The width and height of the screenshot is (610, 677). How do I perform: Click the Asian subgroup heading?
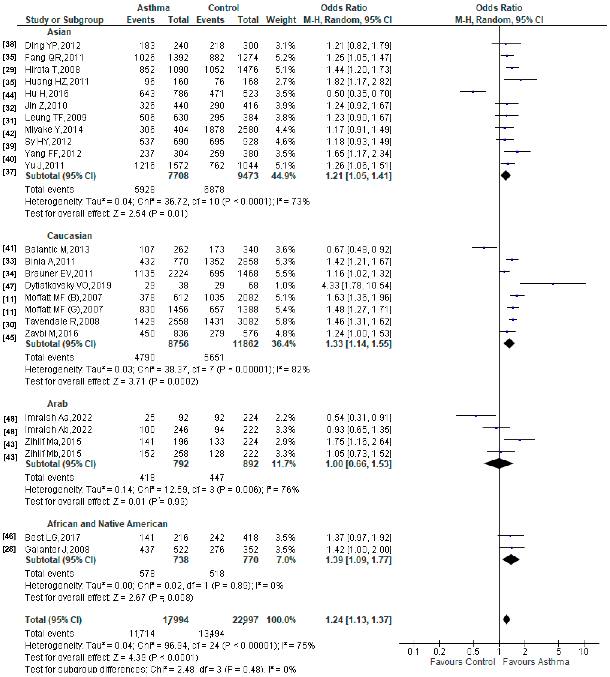point(59,32)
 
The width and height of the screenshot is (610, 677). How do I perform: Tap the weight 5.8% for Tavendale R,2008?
point(285,321)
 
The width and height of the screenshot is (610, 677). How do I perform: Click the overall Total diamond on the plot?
point(506,619)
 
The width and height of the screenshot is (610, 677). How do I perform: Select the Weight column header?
point(281,20)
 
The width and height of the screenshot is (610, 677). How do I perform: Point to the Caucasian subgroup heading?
point(69,236)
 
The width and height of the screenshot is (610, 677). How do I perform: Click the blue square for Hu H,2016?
point(473,92)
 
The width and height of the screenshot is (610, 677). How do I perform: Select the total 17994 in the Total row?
point(176,620)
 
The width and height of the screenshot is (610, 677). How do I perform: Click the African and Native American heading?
point(107,524)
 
